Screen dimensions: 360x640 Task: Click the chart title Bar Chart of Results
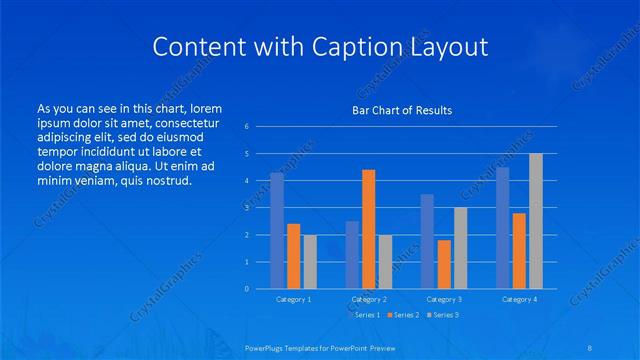tap(409, 110)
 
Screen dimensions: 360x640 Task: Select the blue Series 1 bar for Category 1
tap(277, 231)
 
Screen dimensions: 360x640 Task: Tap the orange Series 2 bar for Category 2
tap(368, 229)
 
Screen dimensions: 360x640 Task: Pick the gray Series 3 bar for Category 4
tap(535, 221)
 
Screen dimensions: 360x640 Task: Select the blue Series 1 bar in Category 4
tap(503, 228)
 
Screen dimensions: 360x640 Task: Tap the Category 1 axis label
tap(293, 299)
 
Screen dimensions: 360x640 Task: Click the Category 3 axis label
tap(443, 299)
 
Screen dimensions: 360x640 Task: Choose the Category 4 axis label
tap(519, 299)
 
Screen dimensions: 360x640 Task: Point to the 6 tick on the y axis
tap(246, 127)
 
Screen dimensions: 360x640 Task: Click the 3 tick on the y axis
tap(246, 208)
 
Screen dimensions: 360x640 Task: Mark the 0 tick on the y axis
tap(246, 289)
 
